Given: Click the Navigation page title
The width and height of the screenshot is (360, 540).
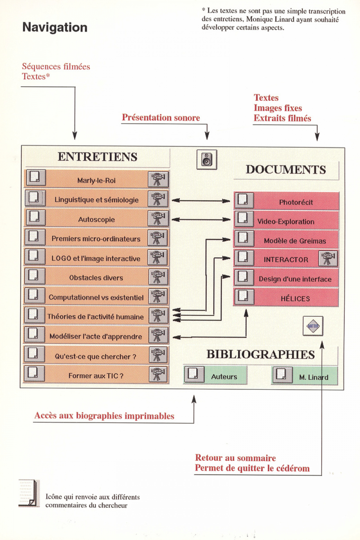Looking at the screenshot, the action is point(55,27).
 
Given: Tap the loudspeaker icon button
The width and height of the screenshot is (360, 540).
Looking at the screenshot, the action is point(207,159).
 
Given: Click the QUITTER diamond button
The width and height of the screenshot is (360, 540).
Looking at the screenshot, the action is point(313,326).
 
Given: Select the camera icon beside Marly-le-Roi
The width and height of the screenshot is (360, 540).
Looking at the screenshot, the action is point(158,179).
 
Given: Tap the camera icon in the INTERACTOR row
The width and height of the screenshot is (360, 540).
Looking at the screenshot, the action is point(328,258).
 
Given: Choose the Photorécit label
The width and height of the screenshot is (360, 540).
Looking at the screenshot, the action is point(296,202).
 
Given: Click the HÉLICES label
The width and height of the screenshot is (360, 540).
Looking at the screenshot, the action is point(295,298).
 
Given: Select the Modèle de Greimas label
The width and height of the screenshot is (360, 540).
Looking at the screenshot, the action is point(295,240).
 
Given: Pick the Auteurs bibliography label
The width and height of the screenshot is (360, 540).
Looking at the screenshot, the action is point(224,377).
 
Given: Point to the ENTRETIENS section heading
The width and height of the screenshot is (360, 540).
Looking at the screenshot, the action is point(98,157).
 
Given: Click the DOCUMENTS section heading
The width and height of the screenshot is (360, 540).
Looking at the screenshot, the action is point(286,170).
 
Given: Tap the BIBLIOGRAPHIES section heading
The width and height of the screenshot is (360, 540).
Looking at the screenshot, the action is point(261,354).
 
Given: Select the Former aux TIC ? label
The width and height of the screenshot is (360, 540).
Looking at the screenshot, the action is point(96,375).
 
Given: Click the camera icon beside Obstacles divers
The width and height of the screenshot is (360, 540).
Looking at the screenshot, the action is point(158,277).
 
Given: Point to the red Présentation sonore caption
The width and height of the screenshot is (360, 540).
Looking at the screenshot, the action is point(161,117).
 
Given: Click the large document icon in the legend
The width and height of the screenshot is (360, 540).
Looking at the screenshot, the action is point(29,493).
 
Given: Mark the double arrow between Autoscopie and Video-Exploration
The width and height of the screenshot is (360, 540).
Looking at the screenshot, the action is point(201,219).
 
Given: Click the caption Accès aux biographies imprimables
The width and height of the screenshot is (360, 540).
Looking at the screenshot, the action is point(104,415).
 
